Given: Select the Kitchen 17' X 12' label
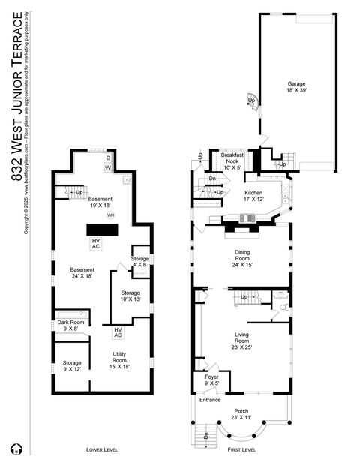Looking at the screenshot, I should (x=253, y=197).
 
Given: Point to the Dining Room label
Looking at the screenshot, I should (x=241, y=260).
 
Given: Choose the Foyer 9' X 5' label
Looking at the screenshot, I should (x=211, y=380).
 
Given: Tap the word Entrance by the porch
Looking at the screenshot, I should (x=210, y=400).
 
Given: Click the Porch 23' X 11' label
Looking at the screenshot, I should (x=241, y=414).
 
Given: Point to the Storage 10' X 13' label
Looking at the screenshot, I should (x=130, y=296).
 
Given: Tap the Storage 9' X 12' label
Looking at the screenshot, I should (x=71, y=366).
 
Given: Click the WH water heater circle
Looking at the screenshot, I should (x=110, y=215).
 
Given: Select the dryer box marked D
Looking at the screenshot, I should (x=107, y=158).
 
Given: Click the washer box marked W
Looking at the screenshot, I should (x=107, y=168).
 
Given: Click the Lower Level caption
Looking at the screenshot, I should (x=99, y=449).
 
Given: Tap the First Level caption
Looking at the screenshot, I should (x=241, y=449).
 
